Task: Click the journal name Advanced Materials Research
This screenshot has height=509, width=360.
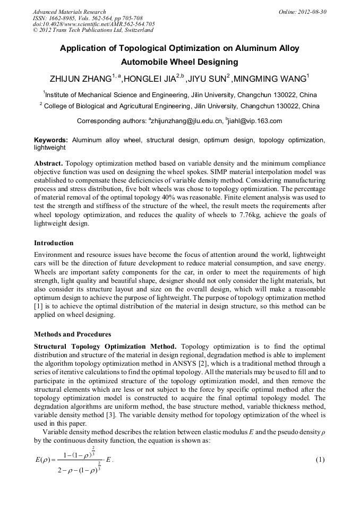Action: pos(70,12)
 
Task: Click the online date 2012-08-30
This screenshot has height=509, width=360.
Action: pos(311,12)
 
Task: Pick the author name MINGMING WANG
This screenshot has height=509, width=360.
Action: pos(268,80)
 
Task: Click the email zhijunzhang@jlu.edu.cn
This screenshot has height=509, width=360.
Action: pos(186,121)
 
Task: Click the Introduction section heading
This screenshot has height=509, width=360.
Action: pos(54,243)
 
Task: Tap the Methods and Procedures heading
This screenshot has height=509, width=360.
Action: pos(72,334)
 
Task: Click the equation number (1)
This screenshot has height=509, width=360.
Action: pos(320,459)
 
